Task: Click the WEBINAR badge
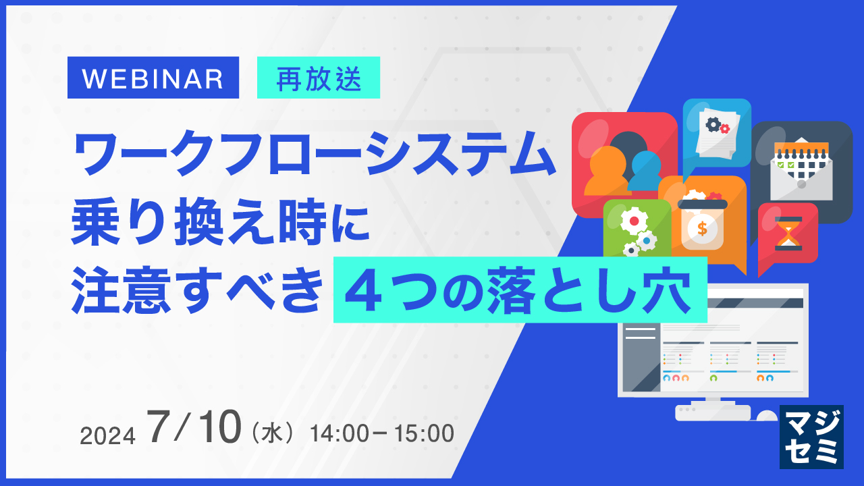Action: pyautogui.click(x=153, y=78)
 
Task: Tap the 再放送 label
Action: pyautogui.click(x=319, y=78)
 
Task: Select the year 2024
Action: pyautogui.click(x=108, y=436)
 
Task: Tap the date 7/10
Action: pyautogui.click(x=195, y=427)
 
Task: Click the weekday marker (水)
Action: pyautogui.click(x=273, y=433)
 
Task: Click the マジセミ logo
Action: pyautogui.click(x=811, y=437)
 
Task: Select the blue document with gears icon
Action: pyautogui.click(x=718, y=132)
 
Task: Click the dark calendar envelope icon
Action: pyautogui.click(x=802, y=169)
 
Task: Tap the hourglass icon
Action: pyautogui.click(x=788, y=234)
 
